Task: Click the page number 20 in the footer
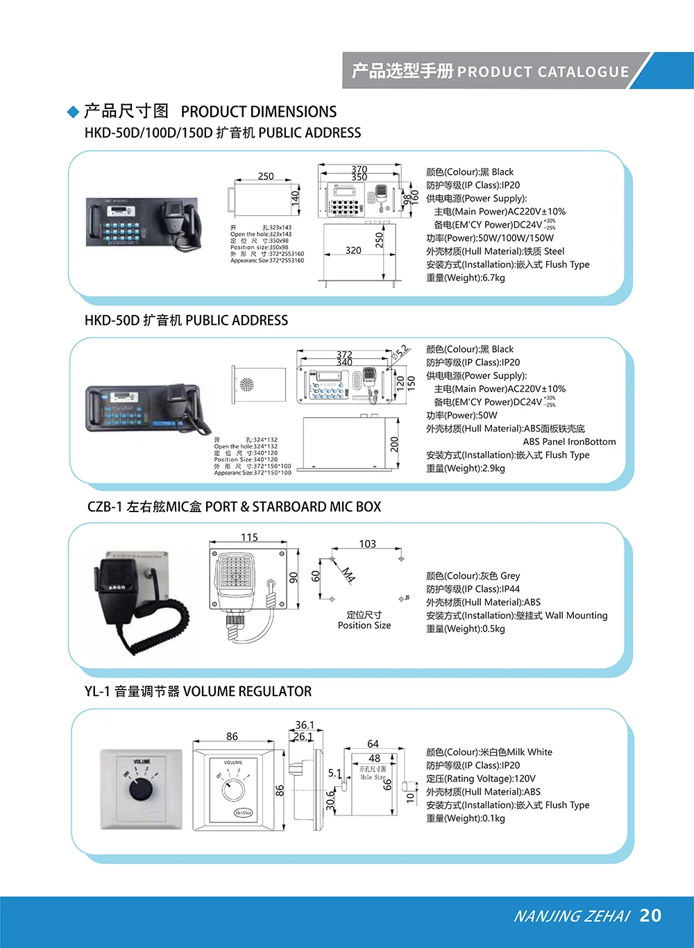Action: tap(650, 915)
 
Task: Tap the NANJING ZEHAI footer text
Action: tap(571, 916)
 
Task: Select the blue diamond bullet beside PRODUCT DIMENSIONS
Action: tap(73, 112)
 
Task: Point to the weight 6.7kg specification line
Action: tap(466, 278)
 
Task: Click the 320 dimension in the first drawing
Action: tap(353, 251)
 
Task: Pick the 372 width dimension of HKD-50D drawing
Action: tap(344, 354)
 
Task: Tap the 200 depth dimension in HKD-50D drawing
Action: tap(395, 444)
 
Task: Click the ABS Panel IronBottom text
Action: tap(569, 441)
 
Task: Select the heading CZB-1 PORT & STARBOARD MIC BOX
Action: tap(234, 507)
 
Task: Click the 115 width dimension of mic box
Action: tap(249, 537)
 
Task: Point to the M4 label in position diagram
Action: tap(348, 574)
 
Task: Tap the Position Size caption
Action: tap(364, 625)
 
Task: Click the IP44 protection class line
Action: tap(473, 589)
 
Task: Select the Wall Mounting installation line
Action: tap(516, 615)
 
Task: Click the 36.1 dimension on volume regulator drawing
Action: tap(305, 725)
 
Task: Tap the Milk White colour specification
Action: tap(489, 752)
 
